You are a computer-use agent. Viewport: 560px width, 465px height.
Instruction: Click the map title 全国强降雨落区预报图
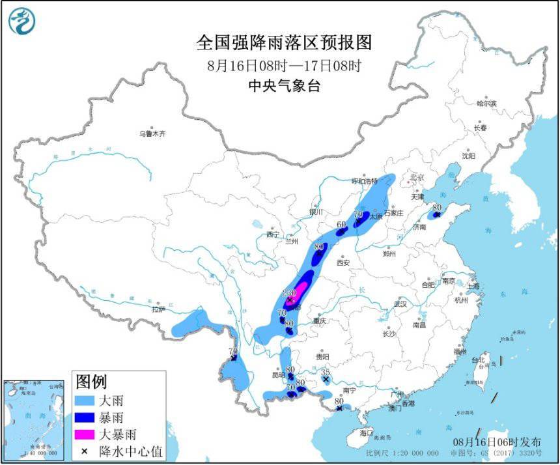(284, 42)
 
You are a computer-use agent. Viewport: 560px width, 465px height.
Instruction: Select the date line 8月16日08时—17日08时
(284, 65)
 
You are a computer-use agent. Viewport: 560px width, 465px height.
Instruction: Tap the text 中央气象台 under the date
(284, 85)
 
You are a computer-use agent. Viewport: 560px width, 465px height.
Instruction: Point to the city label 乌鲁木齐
(152, 134)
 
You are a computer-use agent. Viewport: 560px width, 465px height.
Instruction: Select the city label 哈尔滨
(486, 104)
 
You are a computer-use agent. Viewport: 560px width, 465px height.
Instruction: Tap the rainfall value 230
(290, 293)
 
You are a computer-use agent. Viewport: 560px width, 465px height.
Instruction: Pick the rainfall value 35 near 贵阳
(326, 371)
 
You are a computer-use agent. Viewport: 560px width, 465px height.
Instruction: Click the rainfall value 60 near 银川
(341, 225)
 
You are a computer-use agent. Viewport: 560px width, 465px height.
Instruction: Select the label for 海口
(366, 433)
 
